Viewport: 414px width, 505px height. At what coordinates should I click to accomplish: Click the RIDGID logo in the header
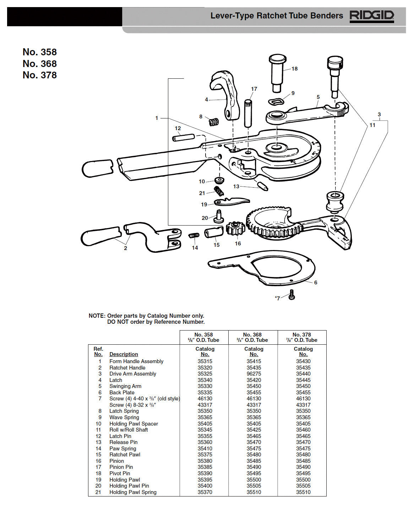372,16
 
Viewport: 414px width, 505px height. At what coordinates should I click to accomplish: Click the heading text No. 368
40,64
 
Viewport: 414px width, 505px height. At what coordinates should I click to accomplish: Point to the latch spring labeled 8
213,122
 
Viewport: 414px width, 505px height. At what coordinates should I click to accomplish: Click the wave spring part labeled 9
277,101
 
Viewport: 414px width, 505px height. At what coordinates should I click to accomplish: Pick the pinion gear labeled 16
235,228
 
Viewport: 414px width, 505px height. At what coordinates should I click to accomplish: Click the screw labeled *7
292,295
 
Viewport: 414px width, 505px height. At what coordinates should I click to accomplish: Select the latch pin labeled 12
184,137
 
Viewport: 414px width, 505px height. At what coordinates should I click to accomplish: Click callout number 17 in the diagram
254,89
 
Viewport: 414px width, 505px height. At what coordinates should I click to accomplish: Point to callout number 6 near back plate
316,283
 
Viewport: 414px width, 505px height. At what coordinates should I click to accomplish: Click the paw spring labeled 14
194,235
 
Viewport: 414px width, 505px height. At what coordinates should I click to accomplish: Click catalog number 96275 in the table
254,374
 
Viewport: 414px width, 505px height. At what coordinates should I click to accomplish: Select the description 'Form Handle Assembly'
136,361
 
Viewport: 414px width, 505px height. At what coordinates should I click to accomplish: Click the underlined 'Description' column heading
124,354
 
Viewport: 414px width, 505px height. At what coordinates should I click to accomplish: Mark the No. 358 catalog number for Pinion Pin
205,467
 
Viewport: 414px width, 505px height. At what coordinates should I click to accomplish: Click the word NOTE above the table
97,316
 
